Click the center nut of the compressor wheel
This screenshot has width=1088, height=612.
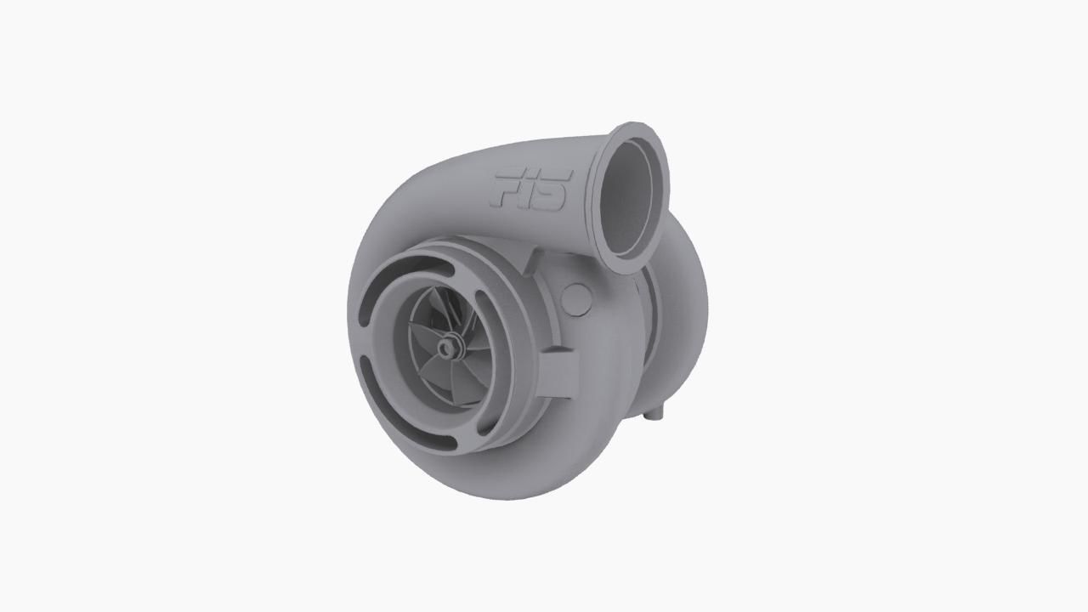(x=447, y=346)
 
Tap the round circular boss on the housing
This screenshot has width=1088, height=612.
(x=576, y=299)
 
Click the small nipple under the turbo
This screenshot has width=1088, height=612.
(x=653, y=415)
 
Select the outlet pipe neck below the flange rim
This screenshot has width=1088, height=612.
(x=599, y=246)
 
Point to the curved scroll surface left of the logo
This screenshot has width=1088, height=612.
(x=425, y=195)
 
